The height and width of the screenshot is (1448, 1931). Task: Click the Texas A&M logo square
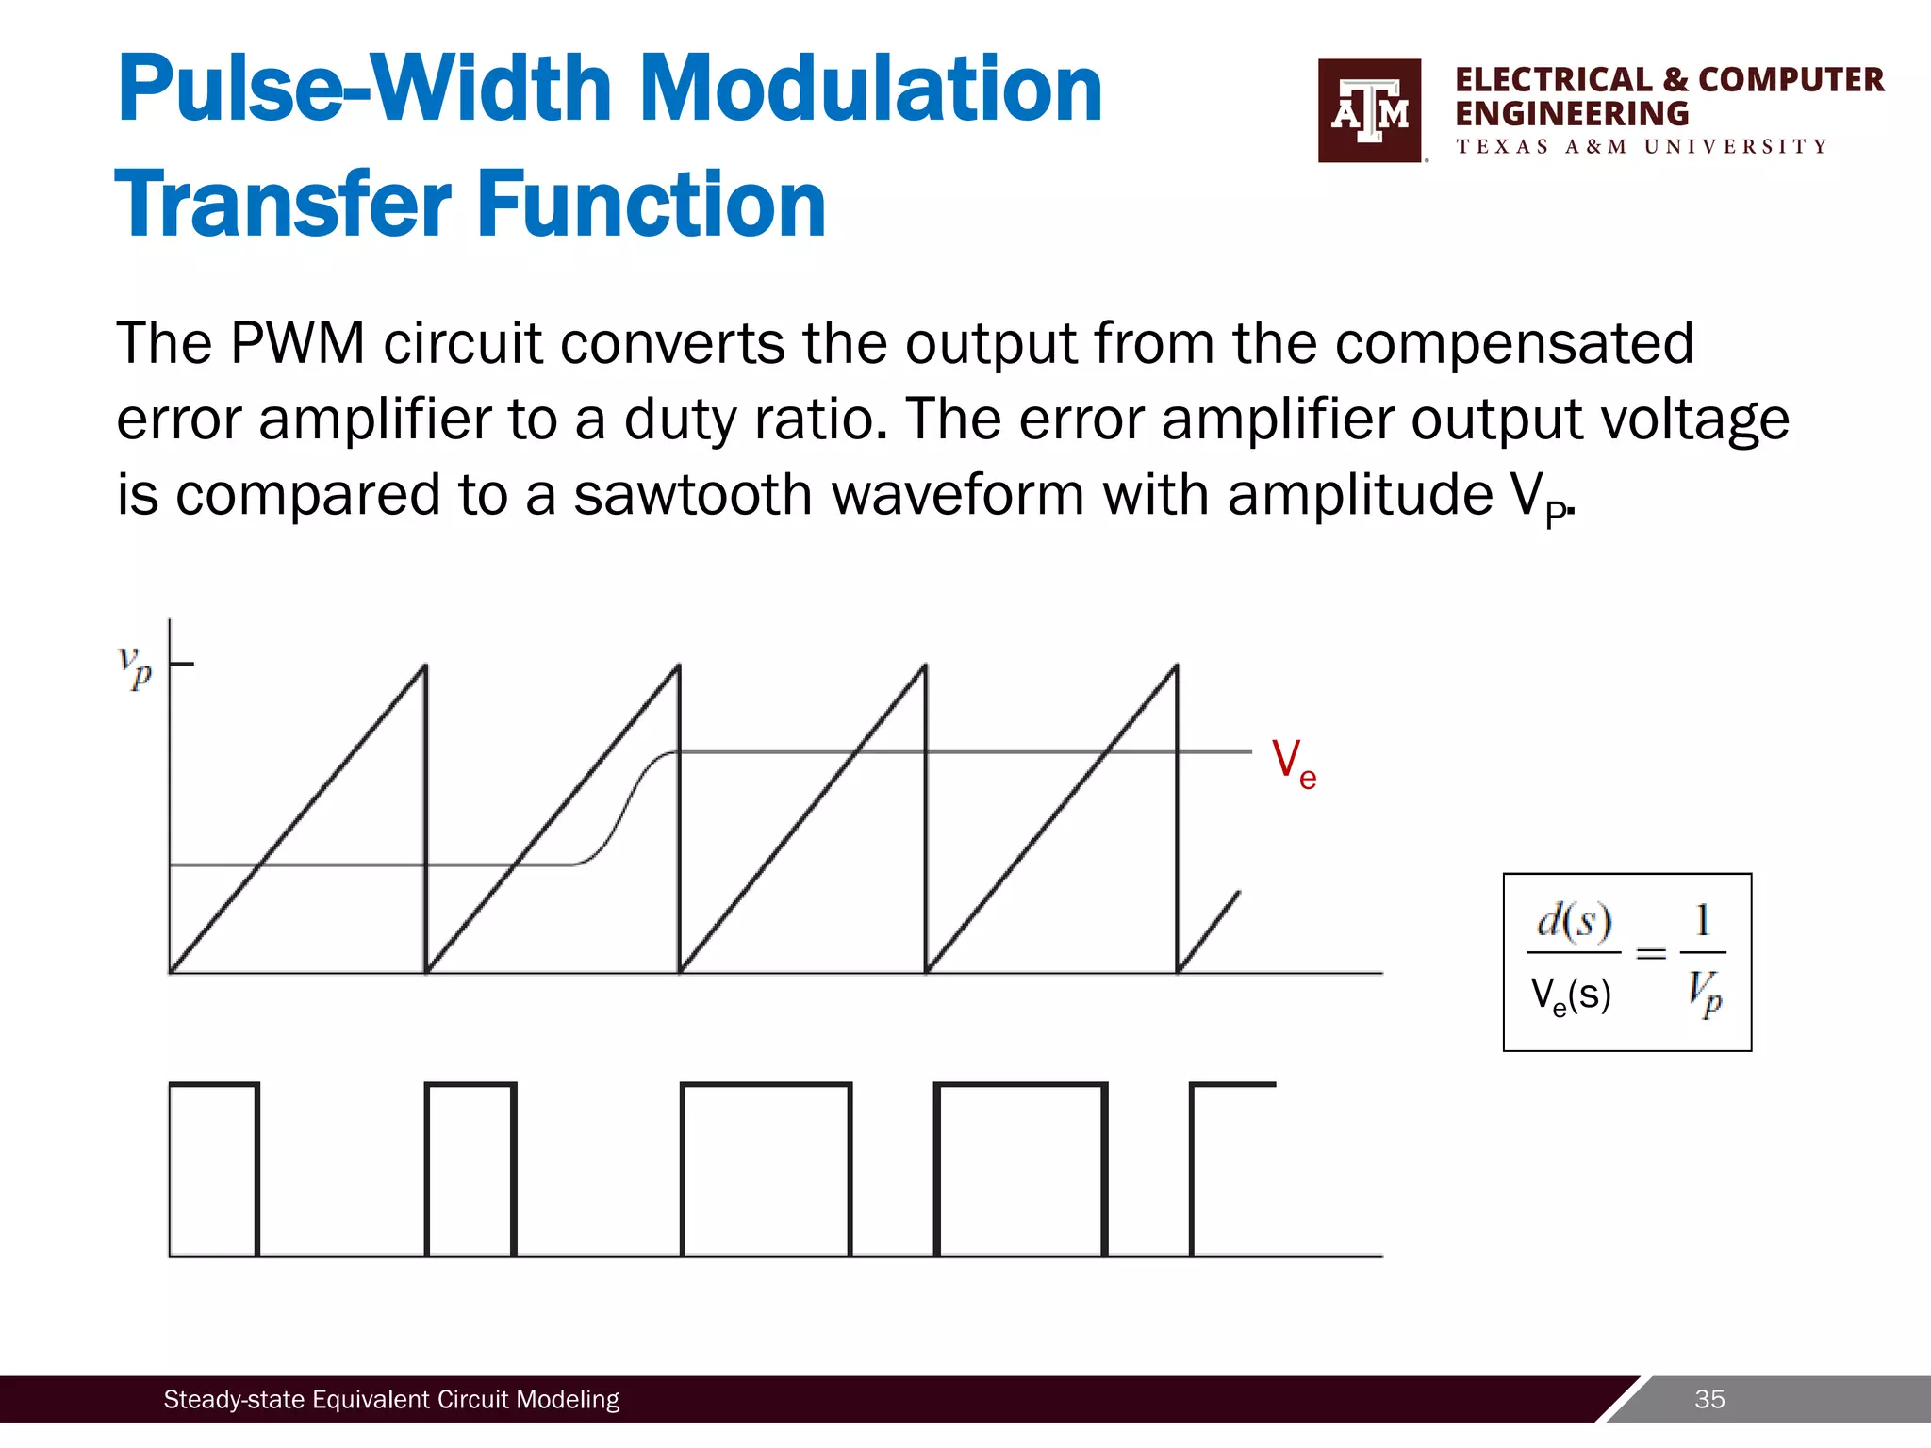[x=1369, y=110]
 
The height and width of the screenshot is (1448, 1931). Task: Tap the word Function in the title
[x=652, y=204]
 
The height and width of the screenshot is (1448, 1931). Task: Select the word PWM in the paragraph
[x=297, y=343]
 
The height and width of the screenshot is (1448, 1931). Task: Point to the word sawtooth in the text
[x=692, y=495]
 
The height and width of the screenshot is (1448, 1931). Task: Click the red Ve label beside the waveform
[x=1293, y=763]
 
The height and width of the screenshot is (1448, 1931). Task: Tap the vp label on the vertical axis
[x=135, y=666]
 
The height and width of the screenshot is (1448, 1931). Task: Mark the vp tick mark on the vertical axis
[x=182, y=665]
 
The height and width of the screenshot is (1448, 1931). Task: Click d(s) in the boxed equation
[x=1574, y=921]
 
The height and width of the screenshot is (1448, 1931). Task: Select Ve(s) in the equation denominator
[x=1570, y=995]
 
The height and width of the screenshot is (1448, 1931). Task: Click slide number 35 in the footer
[x=1709, y=1399]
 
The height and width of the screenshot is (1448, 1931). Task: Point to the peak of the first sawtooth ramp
[x=424, y=666]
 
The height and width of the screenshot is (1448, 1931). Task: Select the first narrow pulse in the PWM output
[x=214, y=1169]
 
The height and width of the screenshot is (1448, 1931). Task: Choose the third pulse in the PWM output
[x=766, y=1169]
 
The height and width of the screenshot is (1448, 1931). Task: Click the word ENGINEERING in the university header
[x=1572, y=114]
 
